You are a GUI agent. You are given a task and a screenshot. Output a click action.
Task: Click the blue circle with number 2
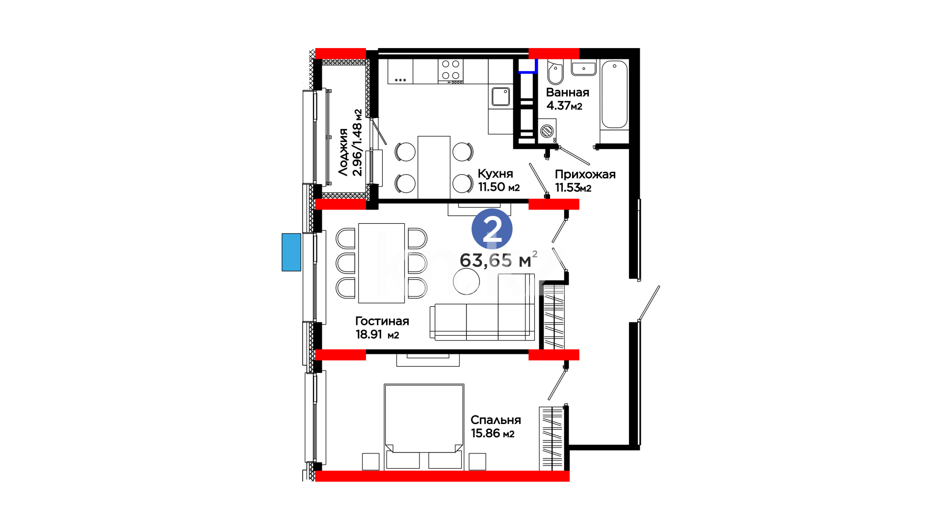tap(492, 229)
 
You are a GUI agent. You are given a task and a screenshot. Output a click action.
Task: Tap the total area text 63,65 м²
tap(498, 260)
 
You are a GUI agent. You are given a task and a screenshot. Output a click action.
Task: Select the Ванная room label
tap(568, 92)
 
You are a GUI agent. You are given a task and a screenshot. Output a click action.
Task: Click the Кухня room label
tap(496, 174)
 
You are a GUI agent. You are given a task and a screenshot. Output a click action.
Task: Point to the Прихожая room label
tap(585, 174)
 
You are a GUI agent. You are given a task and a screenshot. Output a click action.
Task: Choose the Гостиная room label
tap(382, 321)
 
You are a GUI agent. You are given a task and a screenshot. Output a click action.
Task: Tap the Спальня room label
tap(496, 420)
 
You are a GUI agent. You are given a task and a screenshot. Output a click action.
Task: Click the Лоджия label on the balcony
tap(343, 152)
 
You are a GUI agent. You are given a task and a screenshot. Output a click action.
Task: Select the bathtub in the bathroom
tap(614, 94)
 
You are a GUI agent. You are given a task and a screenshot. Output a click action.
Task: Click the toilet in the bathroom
tap(555, 73)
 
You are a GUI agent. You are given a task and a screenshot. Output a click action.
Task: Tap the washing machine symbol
tap(547, 131)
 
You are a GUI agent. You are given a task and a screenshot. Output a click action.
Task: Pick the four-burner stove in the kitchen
tap(451, 70)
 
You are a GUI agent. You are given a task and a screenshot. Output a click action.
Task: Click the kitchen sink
tap(501, 97)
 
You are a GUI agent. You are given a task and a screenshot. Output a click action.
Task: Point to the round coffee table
tap(466, 281)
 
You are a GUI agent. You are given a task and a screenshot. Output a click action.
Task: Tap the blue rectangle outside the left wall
tap(291, 252)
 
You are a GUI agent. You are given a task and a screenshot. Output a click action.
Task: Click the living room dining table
tap(382, 263)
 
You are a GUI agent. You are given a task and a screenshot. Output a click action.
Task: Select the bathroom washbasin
tap(584, 68)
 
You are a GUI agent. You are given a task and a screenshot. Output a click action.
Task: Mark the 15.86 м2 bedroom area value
tap(493, 433)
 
